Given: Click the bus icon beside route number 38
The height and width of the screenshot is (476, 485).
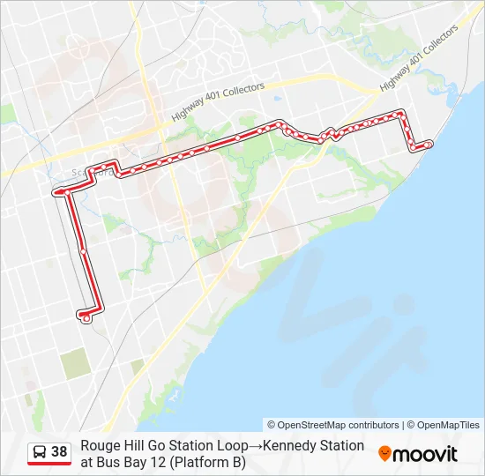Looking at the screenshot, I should click(40, 452).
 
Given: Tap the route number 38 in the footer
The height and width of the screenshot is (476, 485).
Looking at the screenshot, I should click(59, 452).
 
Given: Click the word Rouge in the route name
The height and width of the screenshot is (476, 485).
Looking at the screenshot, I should click(100, 446).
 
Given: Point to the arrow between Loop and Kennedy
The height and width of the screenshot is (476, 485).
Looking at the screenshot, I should click(254, 446).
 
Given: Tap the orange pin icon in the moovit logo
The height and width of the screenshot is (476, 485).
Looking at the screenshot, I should click(384, 453).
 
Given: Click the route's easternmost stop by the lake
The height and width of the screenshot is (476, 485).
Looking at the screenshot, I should click(428, 144).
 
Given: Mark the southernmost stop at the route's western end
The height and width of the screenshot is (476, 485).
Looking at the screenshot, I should click(86, 319).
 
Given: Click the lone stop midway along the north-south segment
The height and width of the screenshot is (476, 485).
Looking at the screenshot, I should click(83, 251).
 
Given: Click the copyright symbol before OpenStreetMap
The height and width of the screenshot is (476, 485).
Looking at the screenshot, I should click(272, 425).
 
